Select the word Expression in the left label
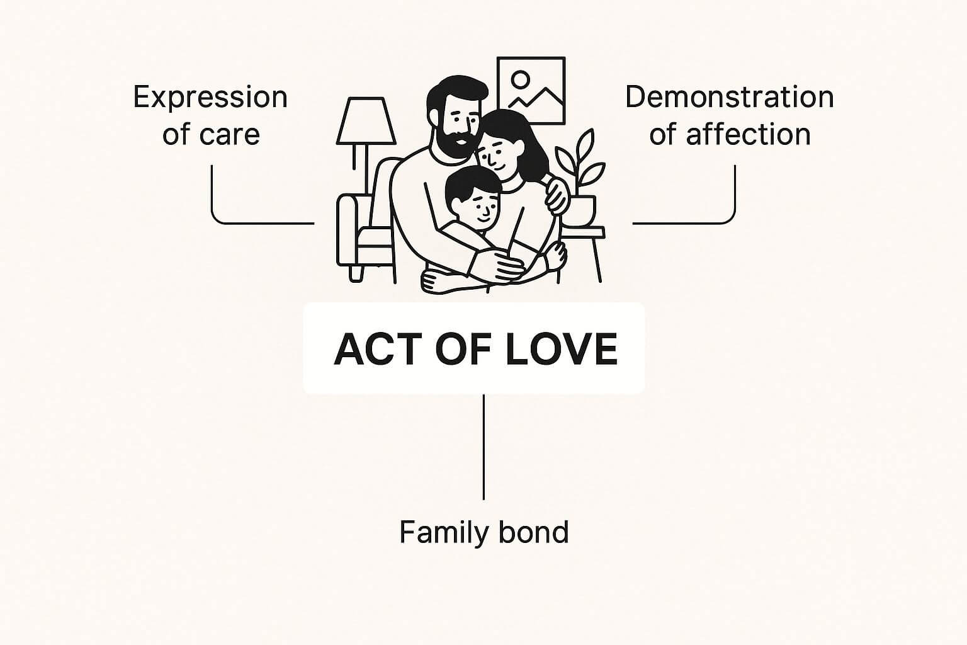pos(210,98)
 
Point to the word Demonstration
pos(729,98)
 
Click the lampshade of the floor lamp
pos(366,122)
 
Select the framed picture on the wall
pos(531,90)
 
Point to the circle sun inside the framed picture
pos(521,79)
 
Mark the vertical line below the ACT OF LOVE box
pos(483,447)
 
